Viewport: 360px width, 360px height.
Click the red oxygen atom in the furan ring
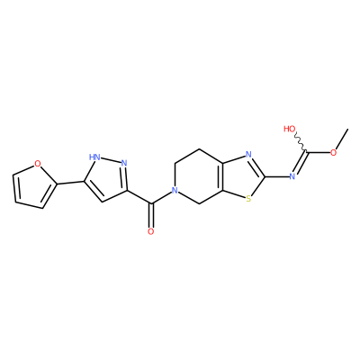pyautogui.click(x=38, y=164)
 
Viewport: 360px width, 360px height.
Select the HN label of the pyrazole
pyautogui.click(x=94, y=157)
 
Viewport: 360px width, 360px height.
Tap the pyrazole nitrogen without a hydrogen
pyautogui.click(x=124, y=164)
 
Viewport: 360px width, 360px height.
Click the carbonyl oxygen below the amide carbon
pyautogui.click(x=151, y=231)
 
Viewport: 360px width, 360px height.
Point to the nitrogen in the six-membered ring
pyautogui.click(x=175, y=190)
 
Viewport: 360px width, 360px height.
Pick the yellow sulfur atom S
pyautogui.click(x=248, y=198)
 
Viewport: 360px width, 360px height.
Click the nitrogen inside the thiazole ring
pyautogui.click(x=248, y=155)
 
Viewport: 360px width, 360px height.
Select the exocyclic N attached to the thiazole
pyautogui.click(x=292, y=176)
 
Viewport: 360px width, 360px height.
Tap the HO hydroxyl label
pyautogui.click(x=290, y=129)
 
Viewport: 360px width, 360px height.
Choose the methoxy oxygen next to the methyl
pyautogui.click(x=333, y=152)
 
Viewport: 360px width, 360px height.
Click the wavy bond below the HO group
pyautogui.click(x=301, y=142)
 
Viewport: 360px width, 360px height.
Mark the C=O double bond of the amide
pyautogui.click(x=151, y=216)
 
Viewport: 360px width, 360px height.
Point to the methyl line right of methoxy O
pyautogui.click(x=342, y=139)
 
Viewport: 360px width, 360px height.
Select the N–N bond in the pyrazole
pyautogui.click(x=110, y=160)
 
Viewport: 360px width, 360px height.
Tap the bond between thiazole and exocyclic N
pyautogui.click(x=276, y=176)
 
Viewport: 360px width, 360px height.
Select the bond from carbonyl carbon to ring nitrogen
pyautogui.click(x=161, y=198)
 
